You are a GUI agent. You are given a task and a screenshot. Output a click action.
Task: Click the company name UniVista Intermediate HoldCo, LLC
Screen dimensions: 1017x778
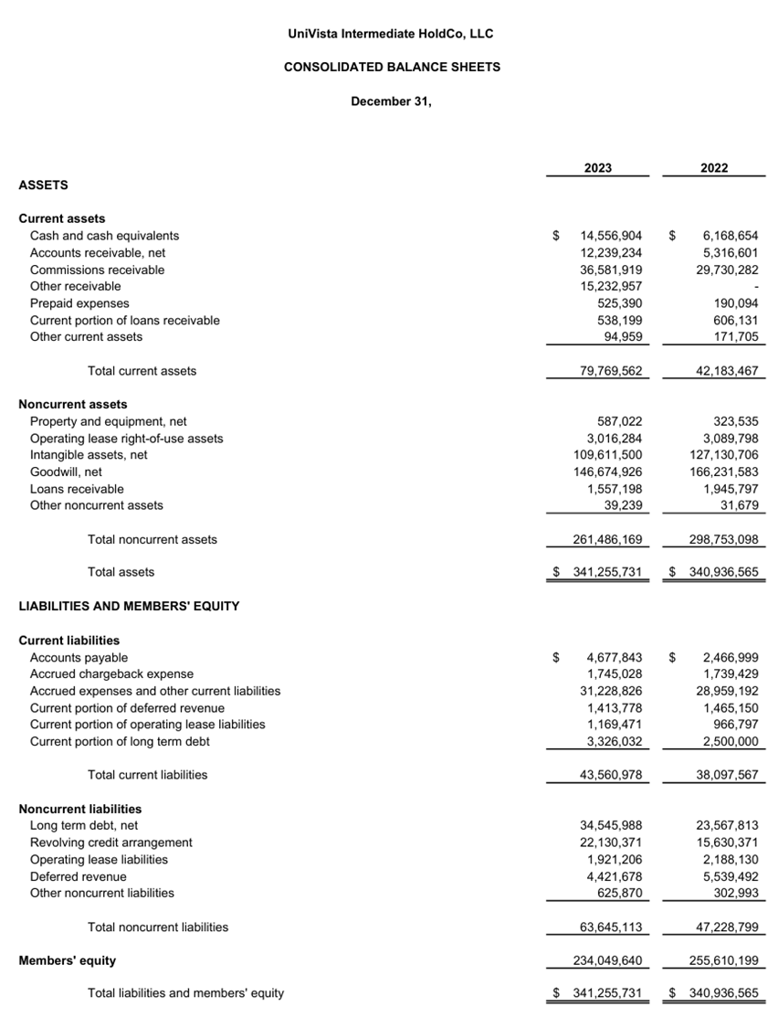[390, 34]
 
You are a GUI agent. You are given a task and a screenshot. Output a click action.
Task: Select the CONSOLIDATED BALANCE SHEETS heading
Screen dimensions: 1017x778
[392, 67]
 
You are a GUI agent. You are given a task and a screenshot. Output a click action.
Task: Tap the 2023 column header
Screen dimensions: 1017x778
[598, 168]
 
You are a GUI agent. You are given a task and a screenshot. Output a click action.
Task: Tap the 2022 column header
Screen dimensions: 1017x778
[714, 168]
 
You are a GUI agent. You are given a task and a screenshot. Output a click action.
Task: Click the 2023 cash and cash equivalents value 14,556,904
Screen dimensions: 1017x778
[611, 236]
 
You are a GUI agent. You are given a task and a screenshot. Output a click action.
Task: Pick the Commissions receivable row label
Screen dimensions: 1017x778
[98, 270]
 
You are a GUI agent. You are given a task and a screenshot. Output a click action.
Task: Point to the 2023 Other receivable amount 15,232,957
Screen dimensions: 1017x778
[611, 286]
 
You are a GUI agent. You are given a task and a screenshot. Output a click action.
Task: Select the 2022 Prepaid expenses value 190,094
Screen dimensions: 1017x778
[735, 303]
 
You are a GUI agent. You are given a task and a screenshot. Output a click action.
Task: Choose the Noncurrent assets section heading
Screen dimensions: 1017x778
[73, 404]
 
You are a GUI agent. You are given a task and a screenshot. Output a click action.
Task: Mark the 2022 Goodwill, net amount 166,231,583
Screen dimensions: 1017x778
[723, 471]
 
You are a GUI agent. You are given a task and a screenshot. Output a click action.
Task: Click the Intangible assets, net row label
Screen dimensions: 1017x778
[89, 455]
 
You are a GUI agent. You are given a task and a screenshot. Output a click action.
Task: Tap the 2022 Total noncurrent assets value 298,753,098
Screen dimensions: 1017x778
[723, 539]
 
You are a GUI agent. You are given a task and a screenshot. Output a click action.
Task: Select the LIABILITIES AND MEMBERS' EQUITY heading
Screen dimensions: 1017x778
[129, 606]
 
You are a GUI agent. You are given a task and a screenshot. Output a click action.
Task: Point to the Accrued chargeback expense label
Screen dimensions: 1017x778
[111, 674]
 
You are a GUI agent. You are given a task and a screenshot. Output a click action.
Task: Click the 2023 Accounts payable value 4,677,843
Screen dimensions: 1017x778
[615, 657]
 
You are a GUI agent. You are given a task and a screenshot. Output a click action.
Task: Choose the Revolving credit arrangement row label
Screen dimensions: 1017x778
[111, 842]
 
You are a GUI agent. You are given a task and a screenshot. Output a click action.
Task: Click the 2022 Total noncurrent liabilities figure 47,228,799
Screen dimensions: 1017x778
[727, 927]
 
